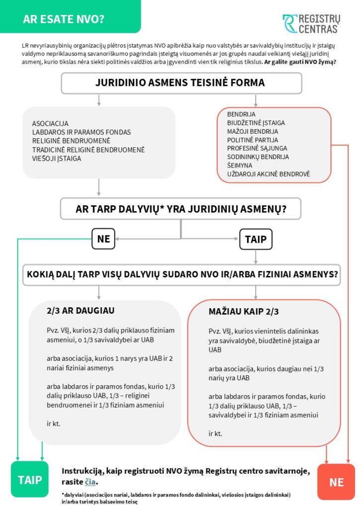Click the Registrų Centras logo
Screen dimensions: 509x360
pos(311,24)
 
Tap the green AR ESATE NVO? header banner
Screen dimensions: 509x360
pos(70,19)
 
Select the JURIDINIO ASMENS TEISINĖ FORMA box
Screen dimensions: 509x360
pos(181,83)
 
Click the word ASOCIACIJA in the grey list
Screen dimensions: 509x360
pos(50,123)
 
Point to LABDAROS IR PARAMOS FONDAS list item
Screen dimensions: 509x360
pos(82,132)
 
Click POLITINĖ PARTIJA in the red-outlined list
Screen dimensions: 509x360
pos(253,140)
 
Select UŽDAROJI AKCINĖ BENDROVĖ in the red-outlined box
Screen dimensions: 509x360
pos(269,173)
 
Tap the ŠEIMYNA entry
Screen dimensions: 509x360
pos(240,165)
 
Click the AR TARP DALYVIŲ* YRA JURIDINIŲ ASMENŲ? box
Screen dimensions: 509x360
pos(181,209)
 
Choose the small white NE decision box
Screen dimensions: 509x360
pos(103,239)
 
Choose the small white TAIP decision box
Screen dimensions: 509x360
pos(256,240)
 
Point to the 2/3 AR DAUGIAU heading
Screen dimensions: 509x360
pos(81,311)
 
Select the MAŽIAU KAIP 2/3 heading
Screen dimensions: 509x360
pos(244,312)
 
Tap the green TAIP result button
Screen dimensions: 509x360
pos(30,480)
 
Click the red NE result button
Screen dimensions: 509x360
pos(336,482)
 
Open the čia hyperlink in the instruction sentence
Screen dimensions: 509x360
pos(90,482)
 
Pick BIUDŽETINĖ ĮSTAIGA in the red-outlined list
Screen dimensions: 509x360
pos(256,123)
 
